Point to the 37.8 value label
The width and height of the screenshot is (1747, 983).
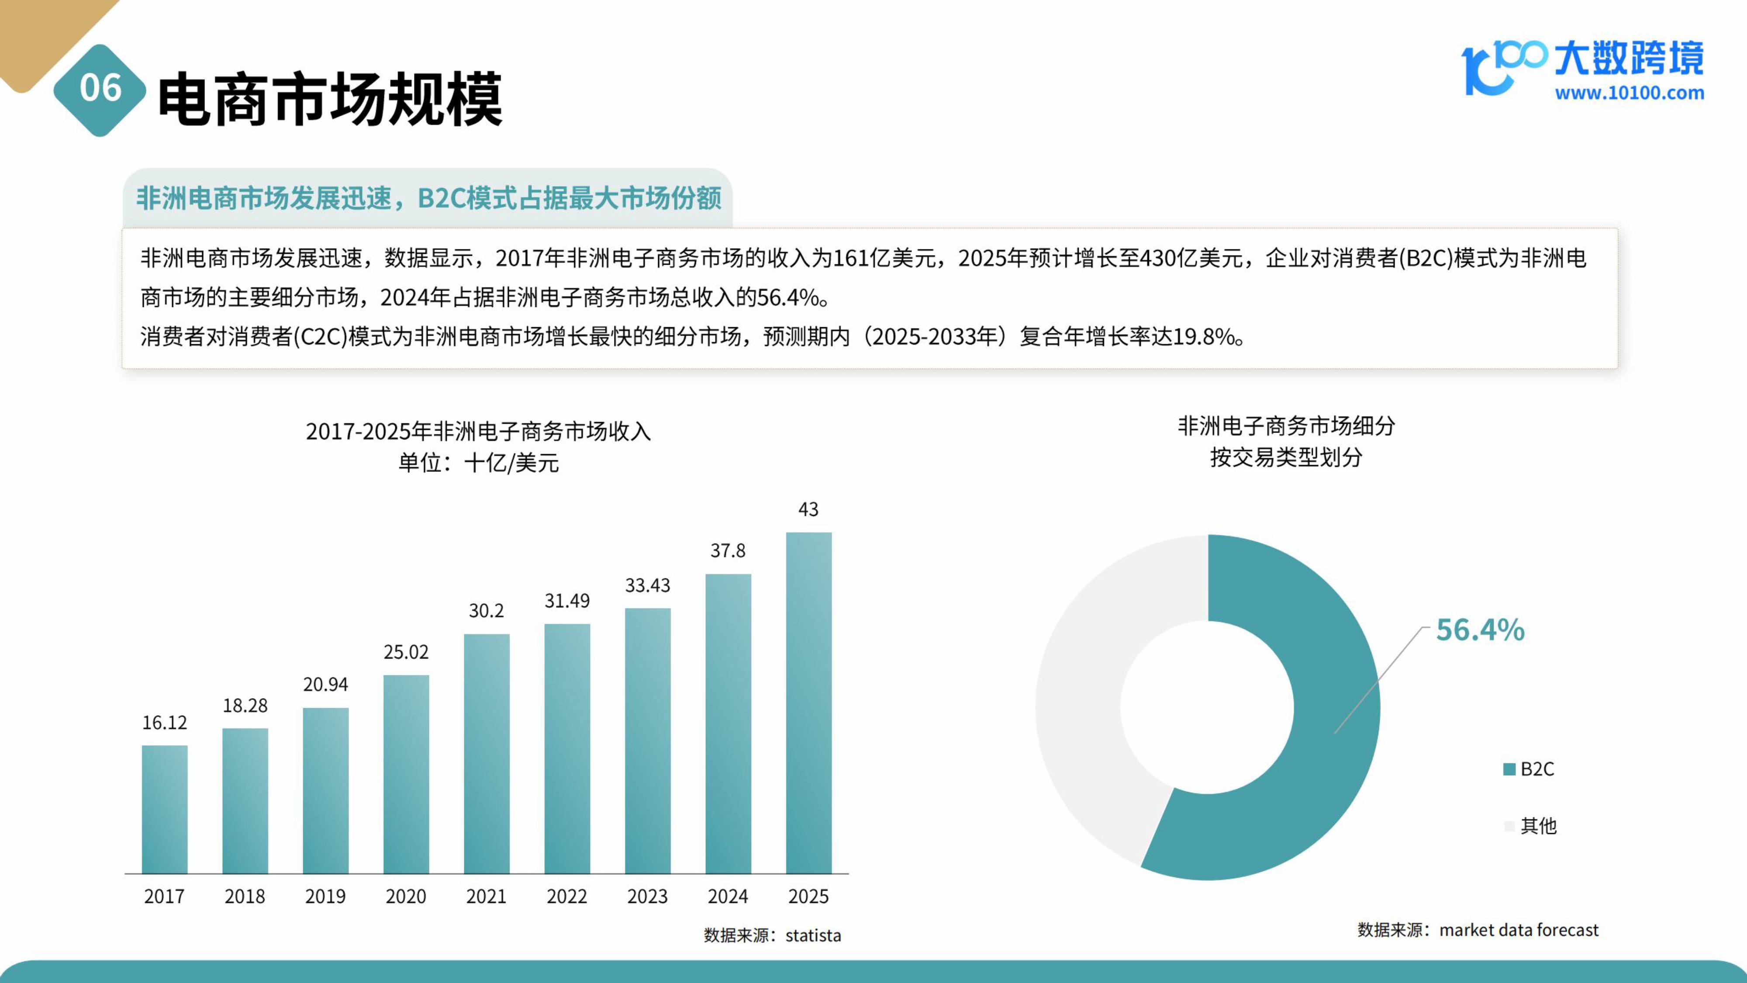coord(728,551)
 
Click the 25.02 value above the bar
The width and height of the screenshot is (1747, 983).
coord(406,652)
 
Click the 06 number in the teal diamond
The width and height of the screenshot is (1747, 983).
coord(100,88)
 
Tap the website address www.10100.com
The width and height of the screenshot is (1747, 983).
coord(1629,93)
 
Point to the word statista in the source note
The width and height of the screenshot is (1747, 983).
coord(813,935)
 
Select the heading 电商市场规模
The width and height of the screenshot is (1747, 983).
coord(330,99)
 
